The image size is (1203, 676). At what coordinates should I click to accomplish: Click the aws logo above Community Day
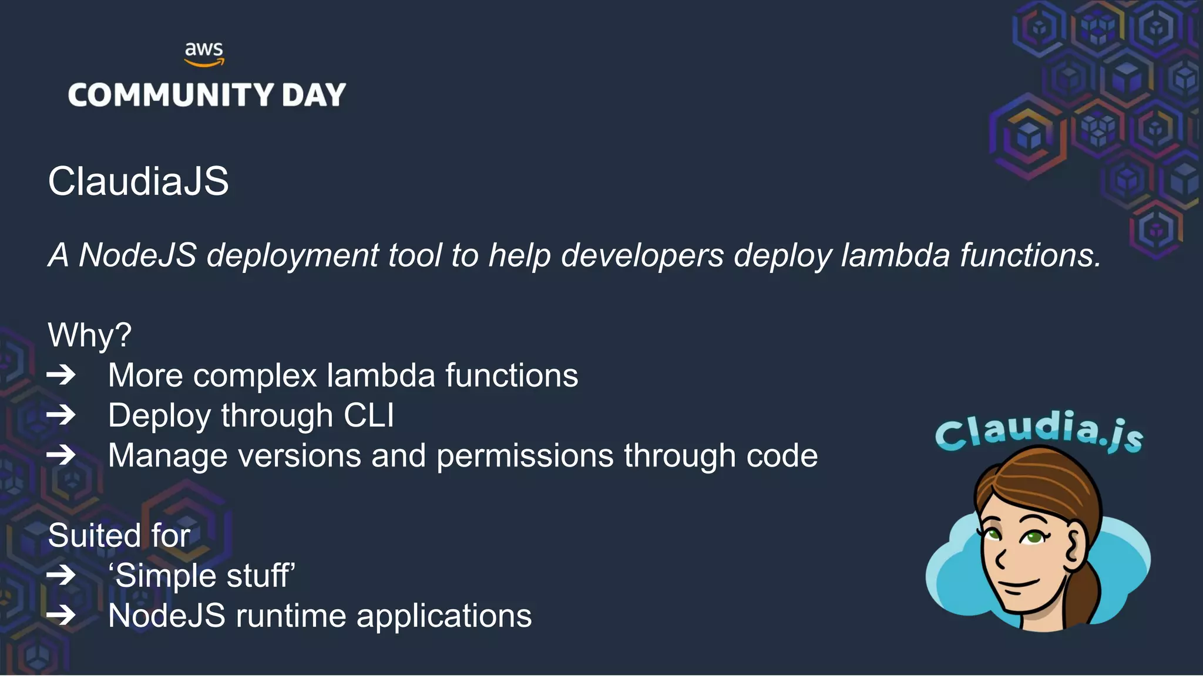pos(204,53)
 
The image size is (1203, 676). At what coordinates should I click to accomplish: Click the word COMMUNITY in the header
pos(171,95)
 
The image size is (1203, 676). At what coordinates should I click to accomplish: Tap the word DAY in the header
pos(314,95)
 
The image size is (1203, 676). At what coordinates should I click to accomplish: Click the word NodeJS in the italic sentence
pos(137,255)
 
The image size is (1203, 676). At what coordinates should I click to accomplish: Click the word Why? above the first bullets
pos(89,335)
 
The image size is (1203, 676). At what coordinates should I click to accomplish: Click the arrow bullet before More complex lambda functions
pos(62,375)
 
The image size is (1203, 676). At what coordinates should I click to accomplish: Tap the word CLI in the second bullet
pos(368,415)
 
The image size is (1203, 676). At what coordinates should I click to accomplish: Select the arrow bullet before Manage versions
pos(62,455)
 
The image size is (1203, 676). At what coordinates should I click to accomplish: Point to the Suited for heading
pos(119,535)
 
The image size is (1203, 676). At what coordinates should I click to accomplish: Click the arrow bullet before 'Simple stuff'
pos(62,575)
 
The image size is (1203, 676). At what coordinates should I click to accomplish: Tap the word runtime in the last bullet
pos(291,616)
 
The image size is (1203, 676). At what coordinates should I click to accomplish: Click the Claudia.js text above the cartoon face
pos(1039,431)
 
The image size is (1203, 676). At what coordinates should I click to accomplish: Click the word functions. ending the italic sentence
pos(1030,255)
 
